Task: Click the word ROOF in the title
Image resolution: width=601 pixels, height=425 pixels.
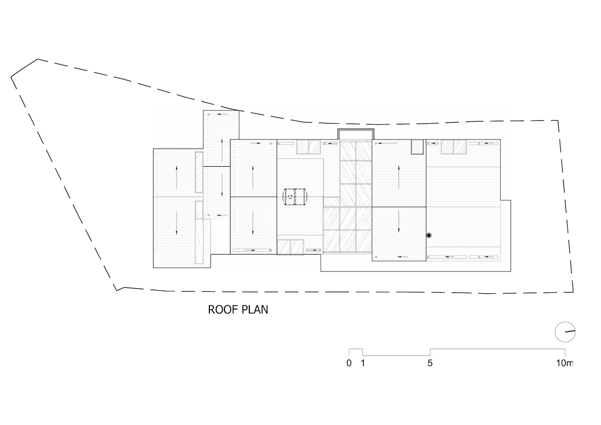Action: click(223, 309)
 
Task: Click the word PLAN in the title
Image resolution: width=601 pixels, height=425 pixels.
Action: click(255, 309)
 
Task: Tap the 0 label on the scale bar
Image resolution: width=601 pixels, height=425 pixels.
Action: click(349, 363)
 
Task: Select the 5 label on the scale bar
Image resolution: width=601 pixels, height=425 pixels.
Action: click(430, 363)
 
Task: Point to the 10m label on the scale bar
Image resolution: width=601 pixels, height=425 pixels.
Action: click(564, 363)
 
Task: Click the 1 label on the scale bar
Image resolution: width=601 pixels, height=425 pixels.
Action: click(363, 363)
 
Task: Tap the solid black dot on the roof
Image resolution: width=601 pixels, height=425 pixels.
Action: click(429, 235)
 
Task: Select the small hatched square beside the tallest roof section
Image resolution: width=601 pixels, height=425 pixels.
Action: click(417, 147)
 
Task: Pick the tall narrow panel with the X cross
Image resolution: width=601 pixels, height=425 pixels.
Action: click(199, 241)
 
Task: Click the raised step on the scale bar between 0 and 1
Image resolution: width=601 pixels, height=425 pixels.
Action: click(356, 349)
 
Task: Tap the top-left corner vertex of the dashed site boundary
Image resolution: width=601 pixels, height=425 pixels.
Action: click(37, 59)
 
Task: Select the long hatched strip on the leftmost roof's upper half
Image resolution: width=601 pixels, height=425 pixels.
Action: click(199, 172)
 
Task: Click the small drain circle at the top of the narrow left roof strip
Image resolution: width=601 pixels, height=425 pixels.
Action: click(209, 115)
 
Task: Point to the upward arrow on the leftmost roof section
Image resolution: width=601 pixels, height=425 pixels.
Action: click(177, 177)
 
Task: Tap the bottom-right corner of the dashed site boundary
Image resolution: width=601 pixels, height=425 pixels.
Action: click(573, 292)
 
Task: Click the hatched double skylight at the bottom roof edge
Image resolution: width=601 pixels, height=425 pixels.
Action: click(290, 247)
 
